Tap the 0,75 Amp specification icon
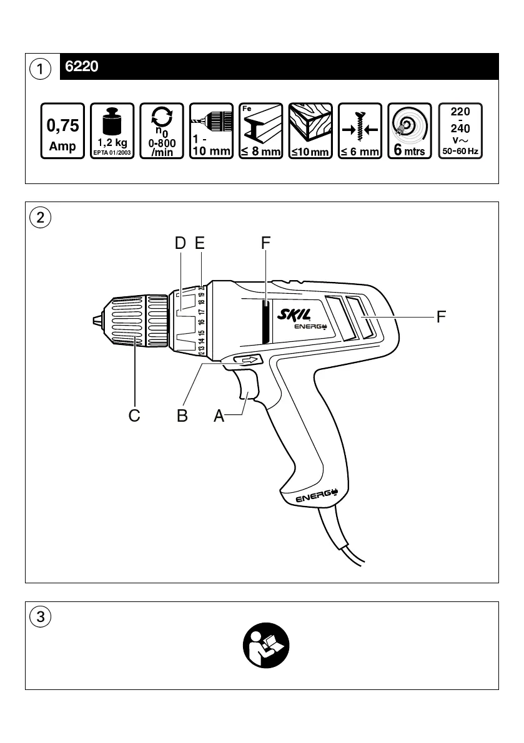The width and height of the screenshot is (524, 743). pyautogui.click(x=62, y=131)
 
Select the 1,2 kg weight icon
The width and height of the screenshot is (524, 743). pyautogui.click(x=112, y=131)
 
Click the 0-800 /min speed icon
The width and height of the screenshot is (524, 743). pyautogui.click(x=162, y=131)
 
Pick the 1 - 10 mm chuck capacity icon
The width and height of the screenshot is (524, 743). pyautogui.click(x=211, y=131)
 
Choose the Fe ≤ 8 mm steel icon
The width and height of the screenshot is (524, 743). pyautogui.click(x=261, y=131)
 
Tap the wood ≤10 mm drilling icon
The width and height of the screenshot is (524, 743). pyautogui.click(x=310, y=131)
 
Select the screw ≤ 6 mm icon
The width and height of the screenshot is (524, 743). pyautogui.click(x=360, y=131)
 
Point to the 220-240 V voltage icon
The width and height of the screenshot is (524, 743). pyautogui.click(x=461, y=131)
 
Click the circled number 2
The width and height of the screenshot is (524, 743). pyautogui.click(x=41, y=218)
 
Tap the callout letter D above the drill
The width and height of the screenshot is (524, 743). pyautogui.click(x=180, y=244)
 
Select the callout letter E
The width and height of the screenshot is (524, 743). pyautogui.click(x=200, y=244)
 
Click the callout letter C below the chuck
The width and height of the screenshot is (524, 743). pyautogui.click(x=134, y=415)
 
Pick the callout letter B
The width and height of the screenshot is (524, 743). pyautogui.click(x=182, y=415)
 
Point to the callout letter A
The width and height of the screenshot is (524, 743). pyautogui.click(x=219, y=415)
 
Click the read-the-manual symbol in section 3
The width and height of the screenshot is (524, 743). pyautogui.click(x=266, y=644)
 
